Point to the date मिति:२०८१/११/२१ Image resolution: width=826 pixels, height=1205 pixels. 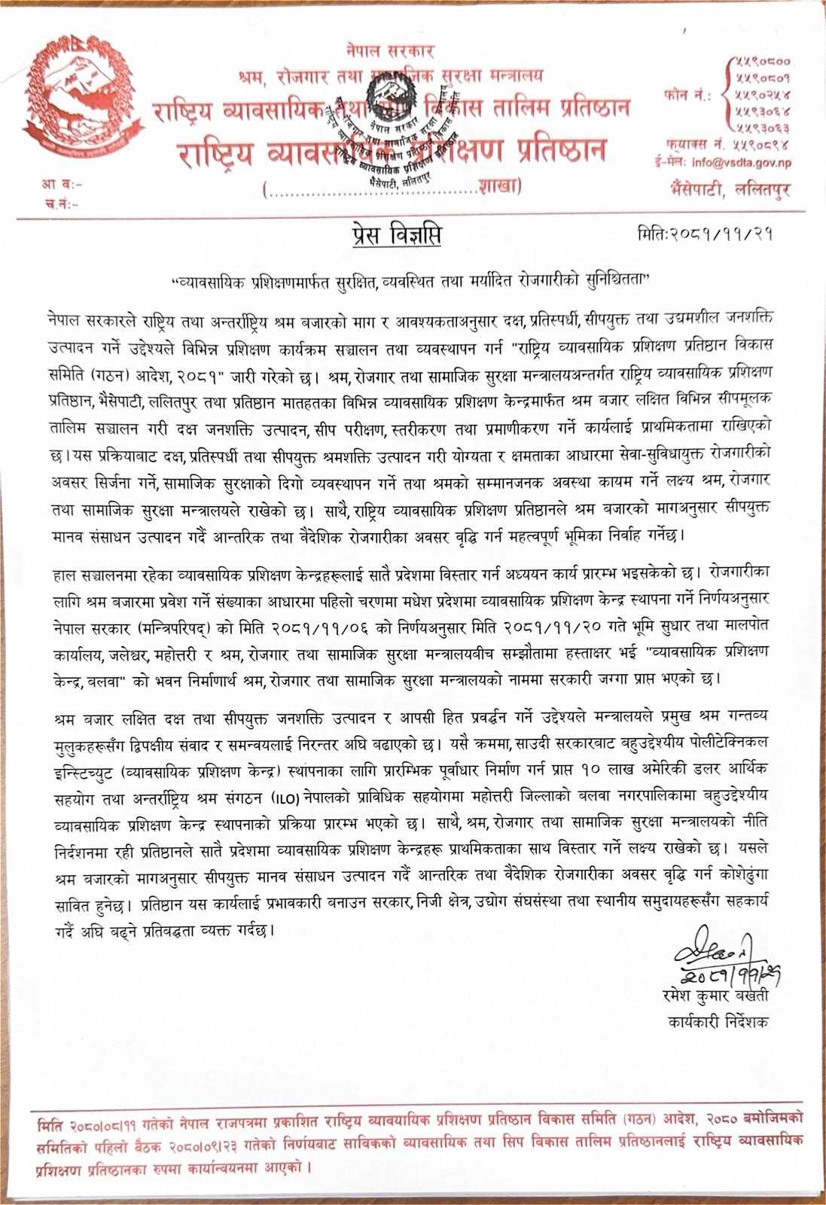pyautogui.click(x=706, y=235)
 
